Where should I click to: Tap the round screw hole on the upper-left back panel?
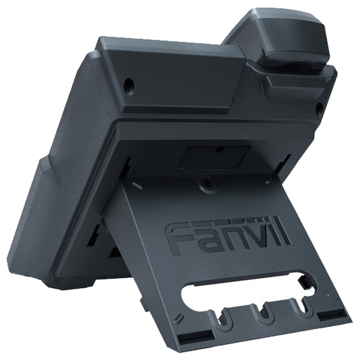[x=130, y=84]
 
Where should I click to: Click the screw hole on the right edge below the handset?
[x=320, y=107]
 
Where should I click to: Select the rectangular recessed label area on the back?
[x=214, y=156]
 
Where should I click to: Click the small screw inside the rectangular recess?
[x=218, y=150]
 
